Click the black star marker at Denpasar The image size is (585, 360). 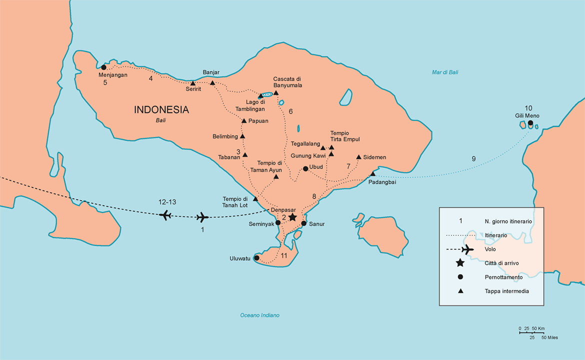292,217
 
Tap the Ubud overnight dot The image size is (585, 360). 305,168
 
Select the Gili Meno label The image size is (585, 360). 528,115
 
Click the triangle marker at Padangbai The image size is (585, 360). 372,173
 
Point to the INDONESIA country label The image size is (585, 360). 161,110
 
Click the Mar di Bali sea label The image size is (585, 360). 445,72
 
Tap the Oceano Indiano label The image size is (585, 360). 259,315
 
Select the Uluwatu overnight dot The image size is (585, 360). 256,258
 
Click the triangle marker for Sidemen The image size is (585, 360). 358,157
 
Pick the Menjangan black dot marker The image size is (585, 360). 103,67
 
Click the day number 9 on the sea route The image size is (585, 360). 473,159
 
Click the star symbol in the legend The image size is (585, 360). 460,263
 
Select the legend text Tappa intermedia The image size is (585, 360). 506,291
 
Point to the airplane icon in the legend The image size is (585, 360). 467,249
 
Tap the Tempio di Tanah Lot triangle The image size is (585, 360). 255,199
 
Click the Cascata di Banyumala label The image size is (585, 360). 287,82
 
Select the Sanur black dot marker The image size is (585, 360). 303,223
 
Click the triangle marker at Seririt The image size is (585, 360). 193,83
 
